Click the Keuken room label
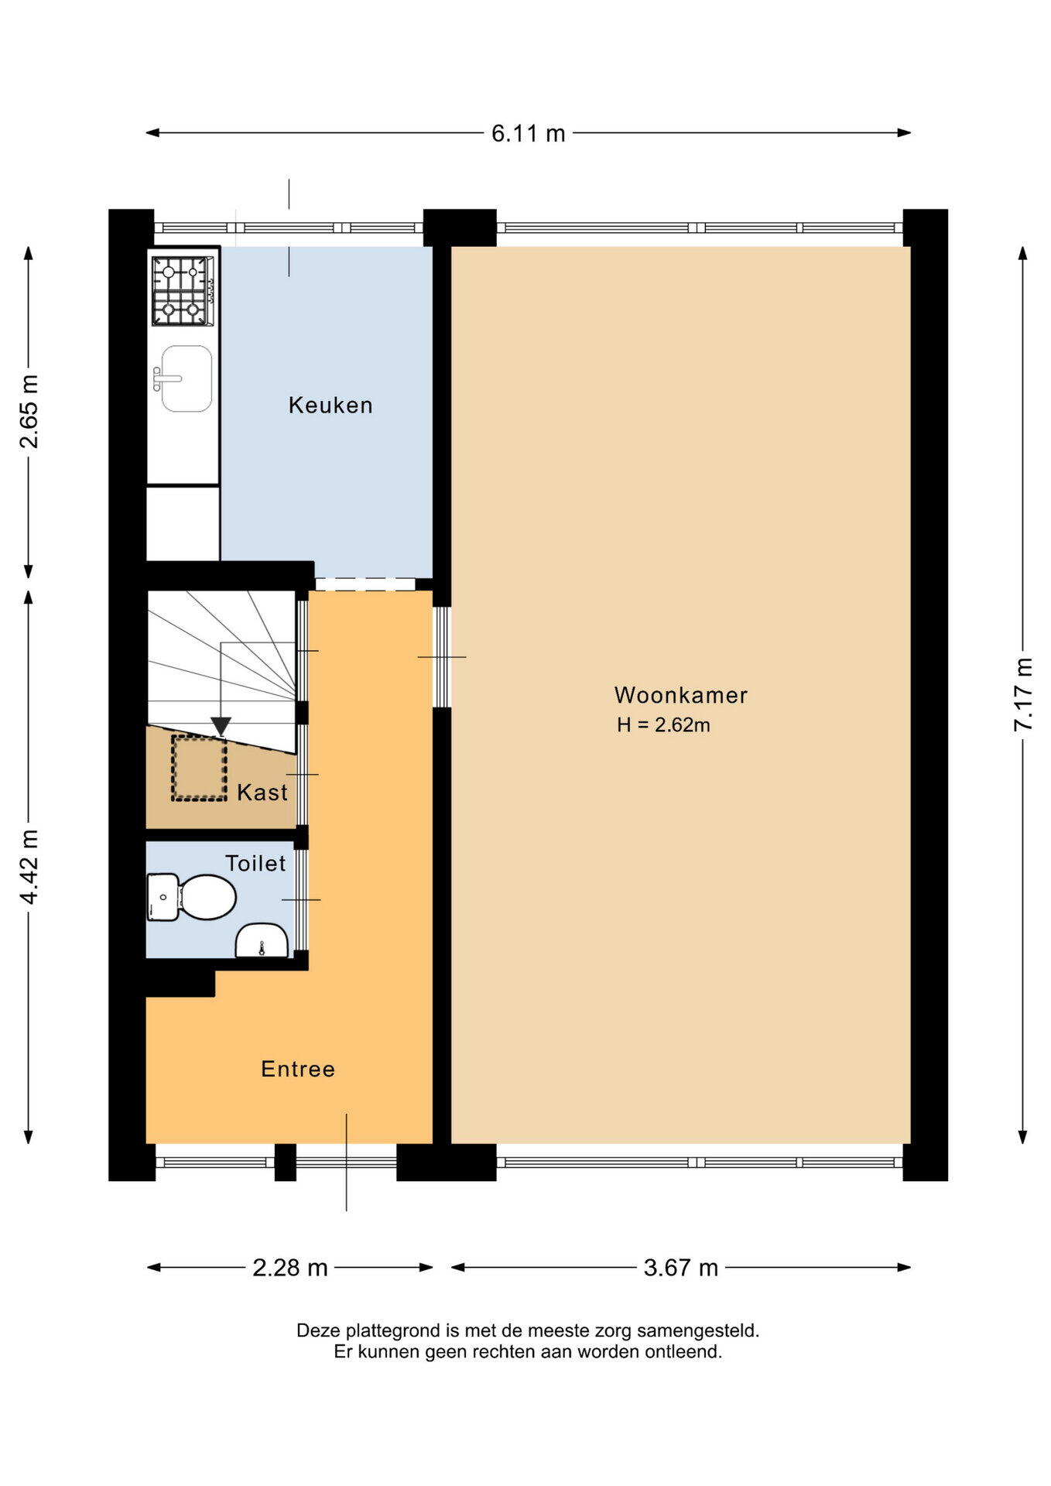click(x=330, y=405)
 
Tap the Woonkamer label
click(x=681, y=695)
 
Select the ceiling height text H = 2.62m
click(x=663, y=725)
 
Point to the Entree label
click(x=298, y=1069)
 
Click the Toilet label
click(x=255, y=863)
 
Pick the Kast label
click(x=262, y=792)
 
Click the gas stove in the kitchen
click(x=183, y=290)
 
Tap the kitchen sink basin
click(x=187, y=378)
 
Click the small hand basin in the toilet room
click(x=262, y=940)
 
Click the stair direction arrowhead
click(x=221, y=726)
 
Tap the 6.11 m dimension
click(x=529, y=133)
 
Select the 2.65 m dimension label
click(x=29, y=412)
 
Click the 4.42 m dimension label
click(x=29, y=867)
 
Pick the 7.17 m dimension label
click(x=1022, y=694)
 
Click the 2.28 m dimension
click(x=290, y=1268)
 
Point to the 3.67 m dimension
click(x=681, y=1268)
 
